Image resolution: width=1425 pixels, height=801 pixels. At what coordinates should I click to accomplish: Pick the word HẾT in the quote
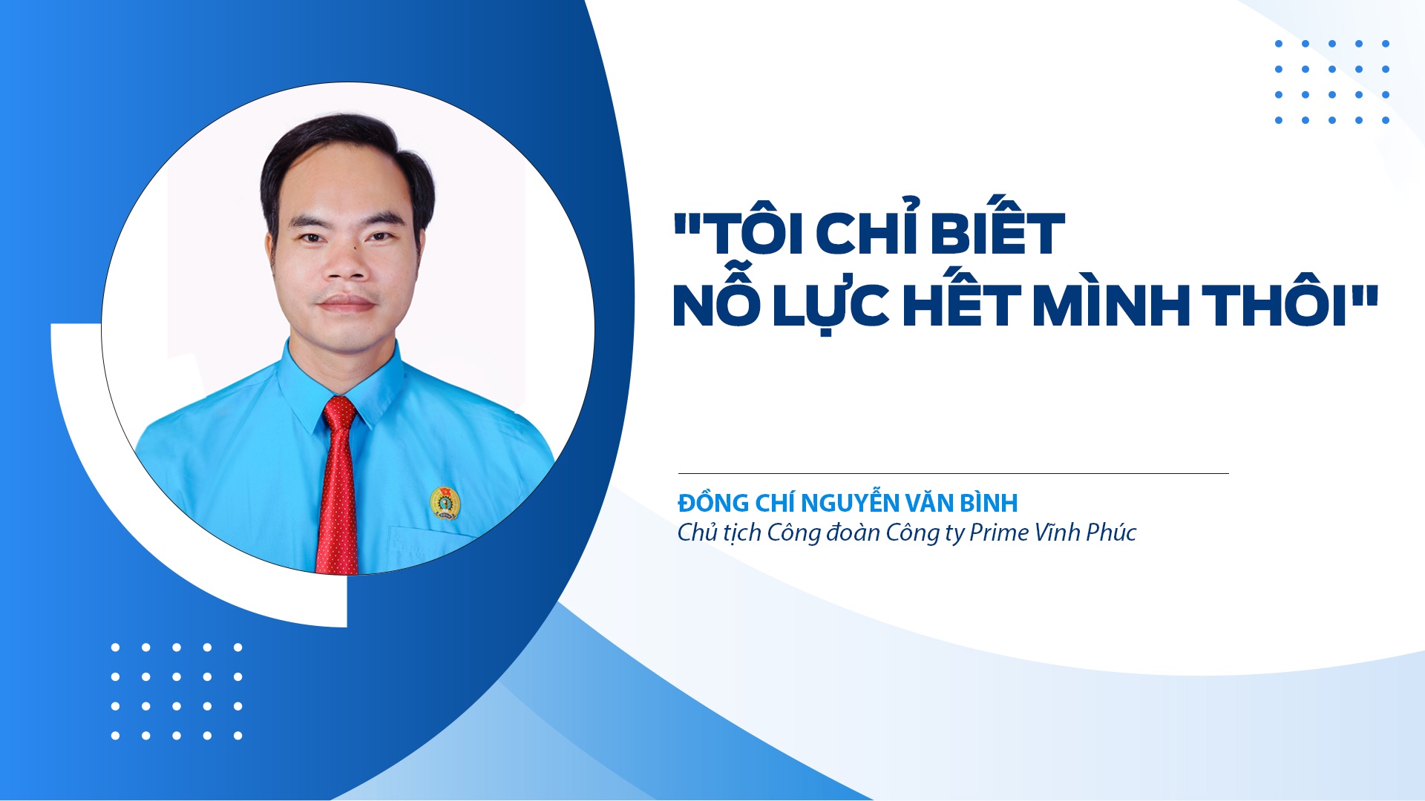[x=961, y=305]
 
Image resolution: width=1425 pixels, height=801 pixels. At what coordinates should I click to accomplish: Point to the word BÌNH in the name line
[x=989, y=503]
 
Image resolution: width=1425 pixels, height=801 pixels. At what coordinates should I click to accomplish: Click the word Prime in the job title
[x=999, y=533]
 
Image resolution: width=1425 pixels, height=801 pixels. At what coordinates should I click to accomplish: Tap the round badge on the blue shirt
[x=445, y=502]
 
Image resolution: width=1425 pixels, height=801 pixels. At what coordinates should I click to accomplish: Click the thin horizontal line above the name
[x=953, y=473]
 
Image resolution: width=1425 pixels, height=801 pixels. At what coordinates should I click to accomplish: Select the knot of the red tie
[x=340, y=412]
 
